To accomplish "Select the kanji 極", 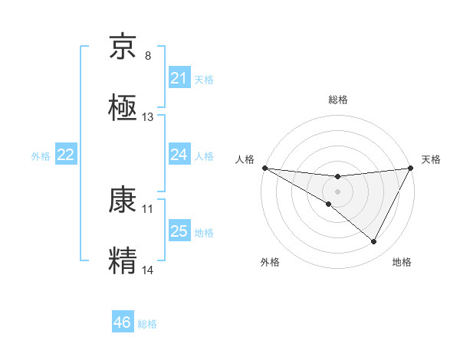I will point(123,106).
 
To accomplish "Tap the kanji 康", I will point(123,201).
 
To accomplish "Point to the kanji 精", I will point(123,259).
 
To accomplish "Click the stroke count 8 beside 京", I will point(148,56).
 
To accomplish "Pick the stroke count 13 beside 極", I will point(148,117).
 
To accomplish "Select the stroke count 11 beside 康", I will point(148,208).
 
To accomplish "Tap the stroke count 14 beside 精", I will point(148,270).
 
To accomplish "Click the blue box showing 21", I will point(179,78).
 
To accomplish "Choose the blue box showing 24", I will point(179,155).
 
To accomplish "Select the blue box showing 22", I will point(66,155).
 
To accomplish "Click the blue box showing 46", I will point(123,322).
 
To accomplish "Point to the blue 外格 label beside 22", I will point(41,156).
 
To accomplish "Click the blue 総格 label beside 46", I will point(147,324).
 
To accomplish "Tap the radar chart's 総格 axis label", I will point(337,100).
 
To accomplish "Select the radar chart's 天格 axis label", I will point(431,159).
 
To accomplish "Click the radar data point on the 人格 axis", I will point(264,168).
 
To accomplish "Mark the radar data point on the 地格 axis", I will point(374,242).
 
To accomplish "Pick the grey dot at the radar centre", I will point(337,191).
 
